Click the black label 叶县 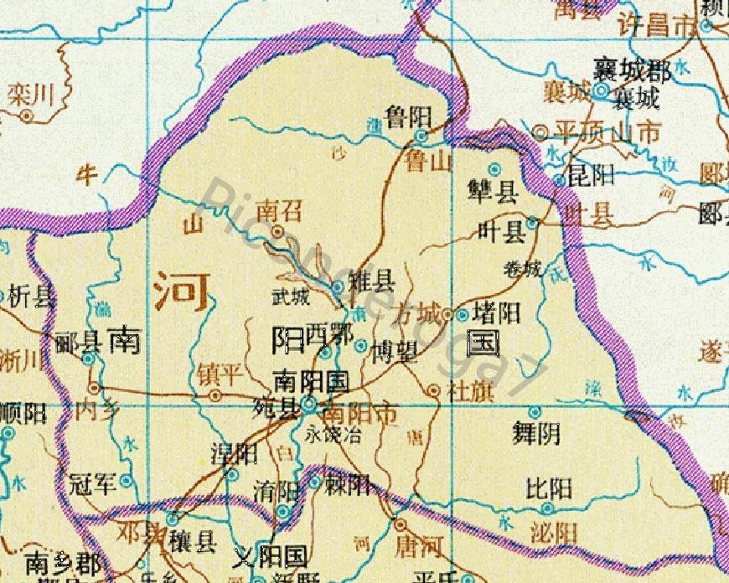coord(500,231)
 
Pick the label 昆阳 coord(592,175)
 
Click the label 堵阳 coord(497,314)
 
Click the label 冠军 coord(91,482)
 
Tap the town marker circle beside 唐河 coord(401,524)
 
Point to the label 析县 coord(34,296)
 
